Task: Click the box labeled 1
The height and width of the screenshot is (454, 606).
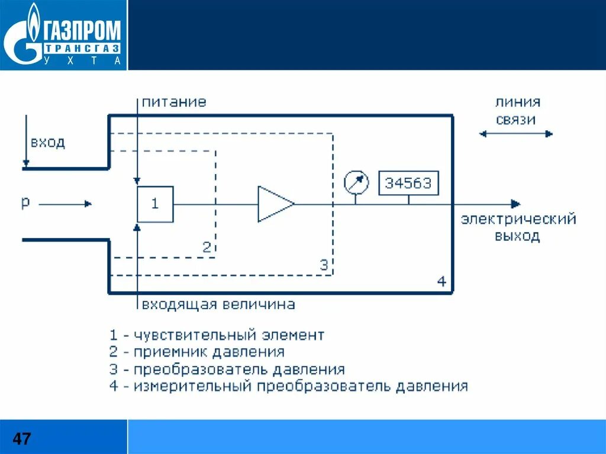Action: pyautogui.click(x=155, y=204)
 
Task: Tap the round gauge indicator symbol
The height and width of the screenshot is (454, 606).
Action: pyautogui.click(x=356, y=182)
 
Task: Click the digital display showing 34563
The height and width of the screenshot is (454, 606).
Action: pyautogui.click(x=408, y=183)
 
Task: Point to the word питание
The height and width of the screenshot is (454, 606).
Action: pyautogui.click(x=174, y=102)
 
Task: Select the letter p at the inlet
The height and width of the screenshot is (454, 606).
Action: pyautogui.click(x=25, y=202)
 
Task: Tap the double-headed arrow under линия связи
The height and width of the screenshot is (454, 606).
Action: pyautogui.click(x=515, y=134)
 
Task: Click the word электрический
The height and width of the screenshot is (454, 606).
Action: pyautogui.click(x=518, y=220)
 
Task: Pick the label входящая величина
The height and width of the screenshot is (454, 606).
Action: pyautogui.click(x=218, y=305)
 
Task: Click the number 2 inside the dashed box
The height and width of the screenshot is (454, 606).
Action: pyautogui.click(x=206, y=247)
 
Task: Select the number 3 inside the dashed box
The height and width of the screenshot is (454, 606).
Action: pyautogui.click(x=323, y=265)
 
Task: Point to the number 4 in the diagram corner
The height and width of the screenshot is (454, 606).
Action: pyautogui.click(x=441, y=282)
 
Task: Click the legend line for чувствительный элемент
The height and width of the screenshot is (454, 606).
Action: pyautogui.click(x=217, y=335)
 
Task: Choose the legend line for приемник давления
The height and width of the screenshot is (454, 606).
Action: pyautogui.click(x=197, y=352)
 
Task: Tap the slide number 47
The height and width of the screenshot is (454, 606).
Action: pyautogui.click(x=22, y=439)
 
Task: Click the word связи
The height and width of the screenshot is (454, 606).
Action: pyautogui.click(x=516, y=120)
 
